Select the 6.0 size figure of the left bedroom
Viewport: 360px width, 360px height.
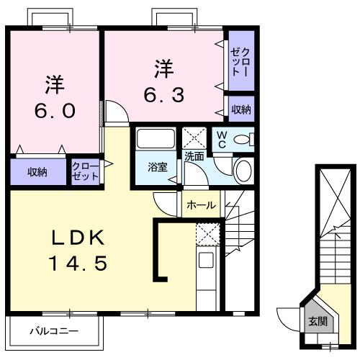(54, 112)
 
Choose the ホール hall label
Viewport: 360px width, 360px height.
(201, 205)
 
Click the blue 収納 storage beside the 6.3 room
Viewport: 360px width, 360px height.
(241, 109)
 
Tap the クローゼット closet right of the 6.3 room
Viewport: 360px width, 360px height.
(241, 62)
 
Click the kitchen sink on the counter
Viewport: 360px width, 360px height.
(207, 260)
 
